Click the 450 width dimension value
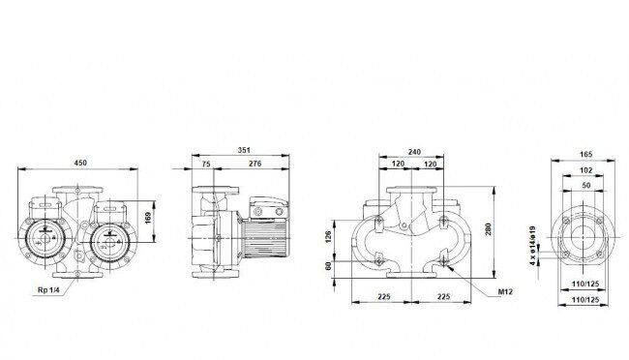[x=80, y=163]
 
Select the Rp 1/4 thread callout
[x=48, y=289]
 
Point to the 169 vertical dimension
[x=148, y=219]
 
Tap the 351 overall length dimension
[x=244, y=150]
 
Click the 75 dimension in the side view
[x=206, y=164]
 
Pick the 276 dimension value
[x=255, y=164]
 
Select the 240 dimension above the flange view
[x=414, y=152]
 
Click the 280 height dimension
[x=488, y=229]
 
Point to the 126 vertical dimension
[x=329, y=237]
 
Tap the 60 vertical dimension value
[x=329, y=266]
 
